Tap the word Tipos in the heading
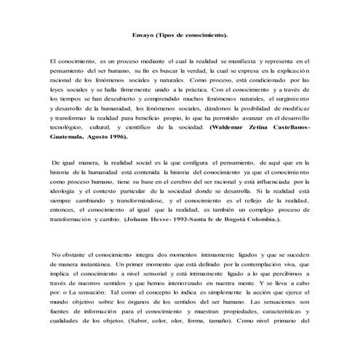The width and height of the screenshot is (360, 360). coord(169,35)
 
